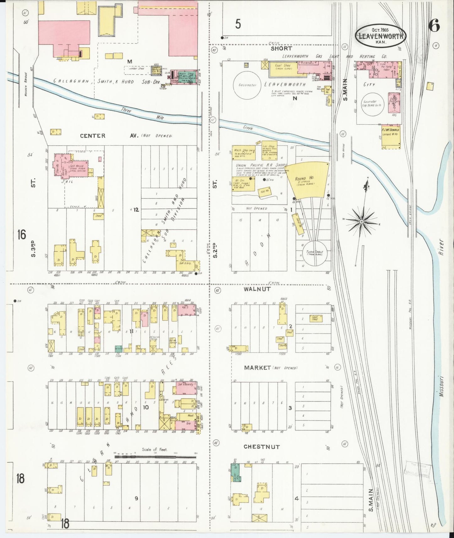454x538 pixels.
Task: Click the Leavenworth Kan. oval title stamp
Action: pos(380,35)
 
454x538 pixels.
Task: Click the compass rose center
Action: pos(362,222)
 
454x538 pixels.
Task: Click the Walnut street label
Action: pos(257,289)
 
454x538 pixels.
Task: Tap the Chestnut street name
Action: pos(261,446)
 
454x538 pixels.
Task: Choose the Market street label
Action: pos(257,367)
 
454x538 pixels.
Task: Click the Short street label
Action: pos(281,48)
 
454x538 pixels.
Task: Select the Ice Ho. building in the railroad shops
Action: pos(264,191)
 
